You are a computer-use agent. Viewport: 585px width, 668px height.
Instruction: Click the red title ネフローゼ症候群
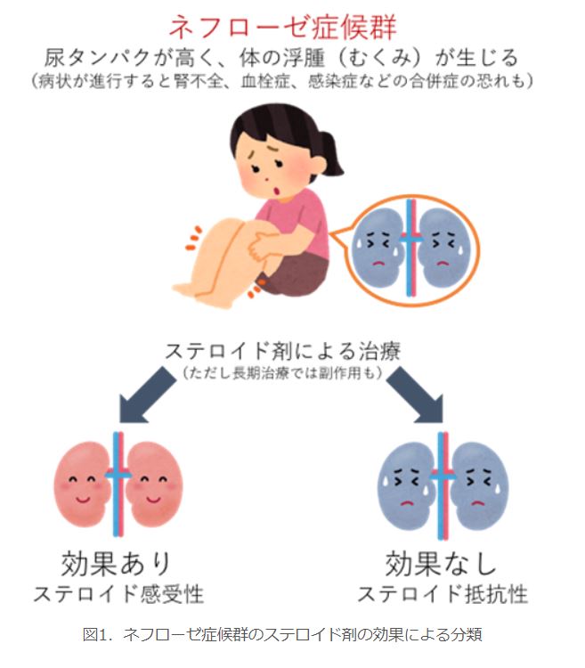(283, 27)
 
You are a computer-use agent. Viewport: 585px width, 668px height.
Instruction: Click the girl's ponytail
(331, 152)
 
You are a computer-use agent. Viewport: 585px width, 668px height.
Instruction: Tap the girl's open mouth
(277, 191)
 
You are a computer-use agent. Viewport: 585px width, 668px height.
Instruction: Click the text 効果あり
(116, 563)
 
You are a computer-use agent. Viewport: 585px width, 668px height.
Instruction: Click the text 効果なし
(441, 563)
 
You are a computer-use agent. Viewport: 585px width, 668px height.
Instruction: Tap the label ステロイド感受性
(118, 594)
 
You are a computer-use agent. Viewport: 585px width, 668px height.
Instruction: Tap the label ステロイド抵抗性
(443, 594)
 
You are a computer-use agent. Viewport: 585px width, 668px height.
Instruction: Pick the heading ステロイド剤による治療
(283, 352)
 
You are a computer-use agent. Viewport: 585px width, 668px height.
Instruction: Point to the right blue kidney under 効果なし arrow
(479, 485)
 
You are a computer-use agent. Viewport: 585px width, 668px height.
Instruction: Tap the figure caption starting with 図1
(282, 635)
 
